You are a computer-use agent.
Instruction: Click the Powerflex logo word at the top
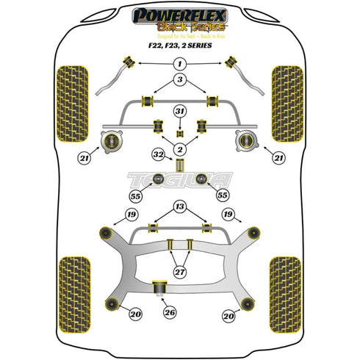click(179, 13)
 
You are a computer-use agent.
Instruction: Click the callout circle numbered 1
click(179, 65)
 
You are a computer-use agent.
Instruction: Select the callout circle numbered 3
click(179, 79)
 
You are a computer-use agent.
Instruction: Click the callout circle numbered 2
click(179, 149)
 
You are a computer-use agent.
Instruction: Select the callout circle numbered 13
click(179, 206)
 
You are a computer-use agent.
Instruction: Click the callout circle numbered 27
click(179, 272)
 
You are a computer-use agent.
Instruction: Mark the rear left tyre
click(71, 279)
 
